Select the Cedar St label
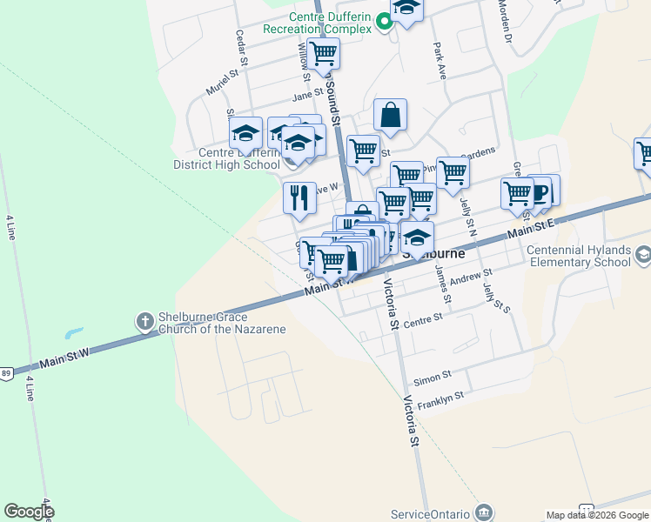[242, 50]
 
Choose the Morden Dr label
[504, 20]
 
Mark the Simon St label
[432, 377]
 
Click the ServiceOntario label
[431, 512]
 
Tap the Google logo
[29, 511]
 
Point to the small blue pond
[73, 333]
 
